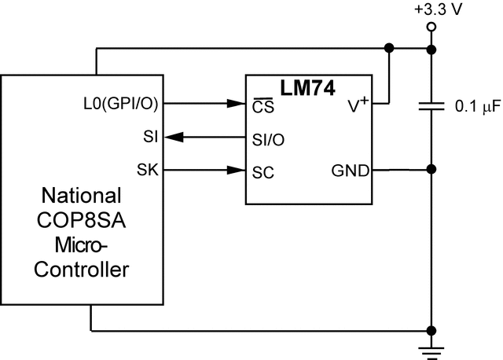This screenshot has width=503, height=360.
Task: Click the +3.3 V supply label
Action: pos(430,11)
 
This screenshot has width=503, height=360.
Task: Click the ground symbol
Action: pos(431,348)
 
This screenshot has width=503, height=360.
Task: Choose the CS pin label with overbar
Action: pos(263,104)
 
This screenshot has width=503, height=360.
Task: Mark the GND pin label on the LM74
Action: pos(351,170)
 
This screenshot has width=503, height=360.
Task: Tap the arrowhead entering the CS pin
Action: pos(237,103)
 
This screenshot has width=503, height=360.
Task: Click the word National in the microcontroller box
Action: pos(82,196)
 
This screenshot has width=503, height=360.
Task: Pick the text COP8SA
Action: pos(82,220)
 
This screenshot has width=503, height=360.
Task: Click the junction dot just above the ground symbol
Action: pos(430,331)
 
